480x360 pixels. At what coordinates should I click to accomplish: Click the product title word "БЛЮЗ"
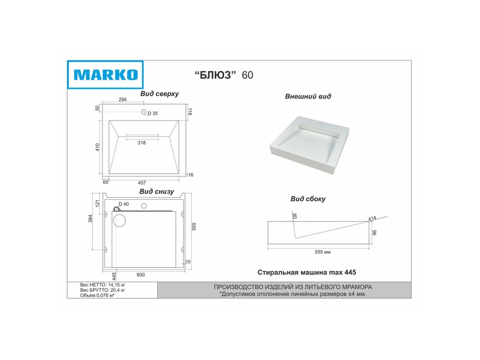216,75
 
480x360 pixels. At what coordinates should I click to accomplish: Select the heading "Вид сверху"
160,94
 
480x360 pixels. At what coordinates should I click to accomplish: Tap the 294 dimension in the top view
122,99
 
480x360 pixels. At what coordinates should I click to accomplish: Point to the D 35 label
153,113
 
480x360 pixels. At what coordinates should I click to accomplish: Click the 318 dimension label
141,143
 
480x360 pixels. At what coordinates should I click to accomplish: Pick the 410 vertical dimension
97,147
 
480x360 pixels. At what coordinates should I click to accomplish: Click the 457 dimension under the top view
142,183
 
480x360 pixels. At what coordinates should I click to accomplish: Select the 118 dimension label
190,112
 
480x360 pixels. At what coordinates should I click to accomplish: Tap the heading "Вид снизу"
157,192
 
